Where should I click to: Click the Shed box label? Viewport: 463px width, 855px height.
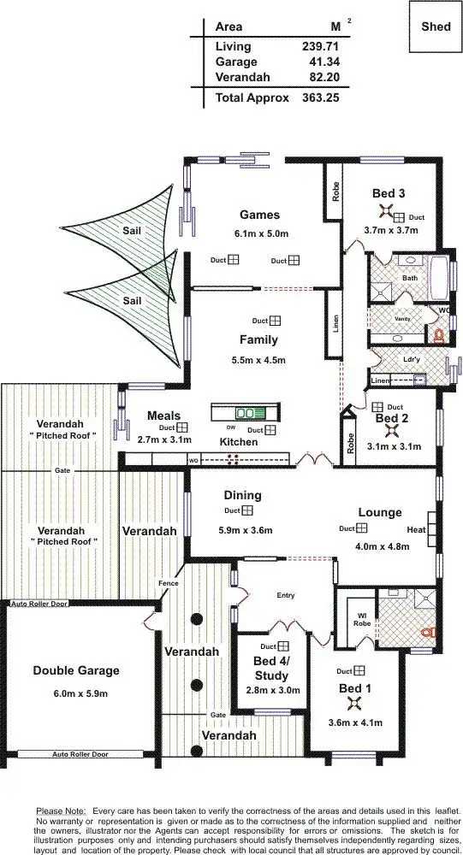click(x=436, y=27)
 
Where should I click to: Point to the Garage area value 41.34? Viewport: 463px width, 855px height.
click(x=318, y=62)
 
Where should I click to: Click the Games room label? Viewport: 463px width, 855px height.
click(x=259, y=215)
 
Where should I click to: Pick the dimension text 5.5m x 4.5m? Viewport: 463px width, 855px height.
click(x=258, y=361)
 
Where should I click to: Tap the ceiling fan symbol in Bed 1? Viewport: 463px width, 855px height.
click(x=352, y=704)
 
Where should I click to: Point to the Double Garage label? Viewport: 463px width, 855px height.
click(x=75, y=670)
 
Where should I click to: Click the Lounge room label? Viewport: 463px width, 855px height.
click(x=379, y=512)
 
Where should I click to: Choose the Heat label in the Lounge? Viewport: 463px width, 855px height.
click(x=416, y=529)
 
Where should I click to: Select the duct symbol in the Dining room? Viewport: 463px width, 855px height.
click(x=246, y=510)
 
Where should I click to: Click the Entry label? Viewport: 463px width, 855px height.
click(x=284, y=595)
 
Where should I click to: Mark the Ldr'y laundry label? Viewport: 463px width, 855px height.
click(x=411, y=359)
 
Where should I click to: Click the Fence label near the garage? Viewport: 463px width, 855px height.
click(x=168, y=584)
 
